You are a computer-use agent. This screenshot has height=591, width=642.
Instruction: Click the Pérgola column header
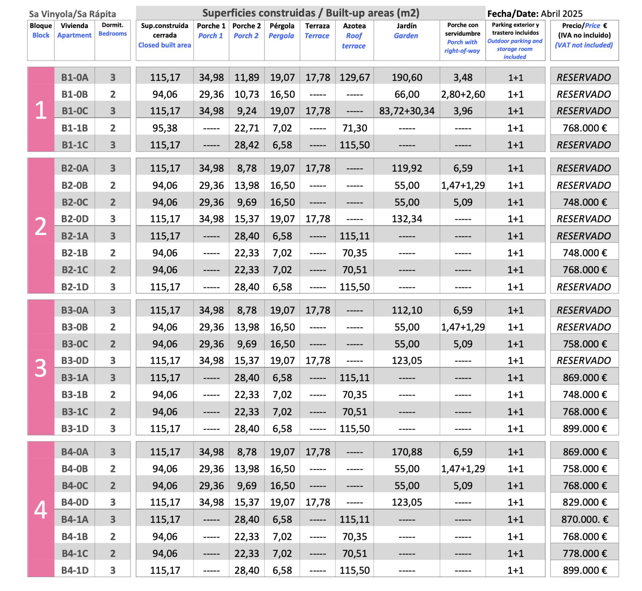pyautogui.click(x=282, y=31)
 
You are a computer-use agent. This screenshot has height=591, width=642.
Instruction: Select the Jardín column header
pyautogui.click(x=406, y=31)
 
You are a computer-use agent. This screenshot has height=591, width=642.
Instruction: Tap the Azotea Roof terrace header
pyautogui.click(x=354, y=36)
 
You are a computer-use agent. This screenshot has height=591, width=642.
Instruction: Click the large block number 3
pyautogui.click(x=41, y=368)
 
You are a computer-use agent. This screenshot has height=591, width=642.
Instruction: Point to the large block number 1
pyautogui.click(x=41, y=110)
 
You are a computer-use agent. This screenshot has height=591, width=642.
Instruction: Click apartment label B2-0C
pyautogui.click(x=75, y=202)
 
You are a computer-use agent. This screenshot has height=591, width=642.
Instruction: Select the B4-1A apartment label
pyautogui.click(x=75, y=519)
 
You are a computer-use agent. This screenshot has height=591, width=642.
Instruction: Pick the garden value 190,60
pyautogui.click(x=406, y=77)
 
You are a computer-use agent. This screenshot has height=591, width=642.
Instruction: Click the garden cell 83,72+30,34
pyautogui.click(x=406, y=111)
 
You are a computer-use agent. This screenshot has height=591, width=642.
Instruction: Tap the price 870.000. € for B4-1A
pyautogui.click(x=584, y=519)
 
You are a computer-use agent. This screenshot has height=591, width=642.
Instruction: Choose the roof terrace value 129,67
pyautogui.click(x=354, y=77)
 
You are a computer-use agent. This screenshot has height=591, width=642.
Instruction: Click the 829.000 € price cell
pyautogui.click(x=584, y=502)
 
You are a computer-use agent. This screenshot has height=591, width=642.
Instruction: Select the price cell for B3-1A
pyautogui.click(x=584, y=378)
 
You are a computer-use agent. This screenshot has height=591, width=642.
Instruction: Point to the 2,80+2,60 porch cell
pyautogui.click(x=463, y=94)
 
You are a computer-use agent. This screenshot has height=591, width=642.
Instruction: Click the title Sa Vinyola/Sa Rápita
pyautogui.click(x=72, y=14)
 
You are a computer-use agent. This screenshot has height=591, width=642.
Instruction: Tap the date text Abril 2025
pyautogui.click(x=561, y=14)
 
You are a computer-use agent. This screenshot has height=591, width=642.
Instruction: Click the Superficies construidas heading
pyautogui.click(x=311, y=13)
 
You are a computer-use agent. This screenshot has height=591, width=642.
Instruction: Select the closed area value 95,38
pyautogui.click(x=165, y=128)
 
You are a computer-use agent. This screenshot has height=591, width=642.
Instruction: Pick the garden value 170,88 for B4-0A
pyautogui.click(x=406, y=452)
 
